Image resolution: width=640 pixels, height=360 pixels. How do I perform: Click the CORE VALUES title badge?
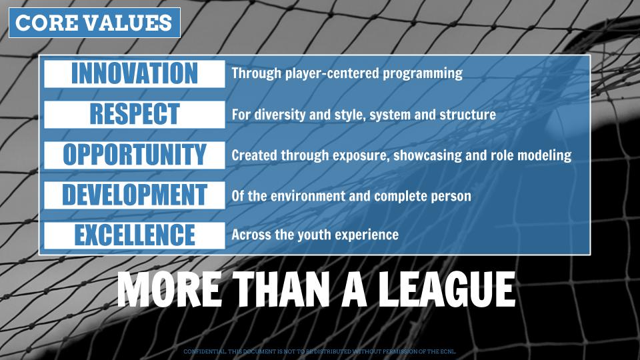[x=94, y=23]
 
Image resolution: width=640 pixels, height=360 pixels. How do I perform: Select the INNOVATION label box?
[x=135, y=74]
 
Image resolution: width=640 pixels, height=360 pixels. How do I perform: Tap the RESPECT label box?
[x=135, y=114]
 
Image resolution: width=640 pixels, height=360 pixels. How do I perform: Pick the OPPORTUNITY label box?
[x=135, y=155]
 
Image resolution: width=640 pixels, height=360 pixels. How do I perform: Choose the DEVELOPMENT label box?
[x=135, y=195]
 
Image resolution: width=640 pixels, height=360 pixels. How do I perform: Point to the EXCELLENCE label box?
[x=135, y=235]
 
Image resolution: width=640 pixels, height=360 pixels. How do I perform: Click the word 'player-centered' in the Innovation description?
[x=332, y=74]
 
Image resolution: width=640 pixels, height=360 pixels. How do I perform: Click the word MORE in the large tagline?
[x=169, y=289]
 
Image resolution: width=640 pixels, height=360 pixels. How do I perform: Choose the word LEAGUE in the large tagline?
[x=446, y=289]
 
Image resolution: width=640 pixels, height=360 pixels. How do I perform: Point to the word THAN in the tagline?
[x=281, y=289]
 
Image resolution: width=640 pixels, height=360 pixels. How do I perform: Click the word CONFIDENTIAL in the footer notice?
[x=204, y=351]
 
